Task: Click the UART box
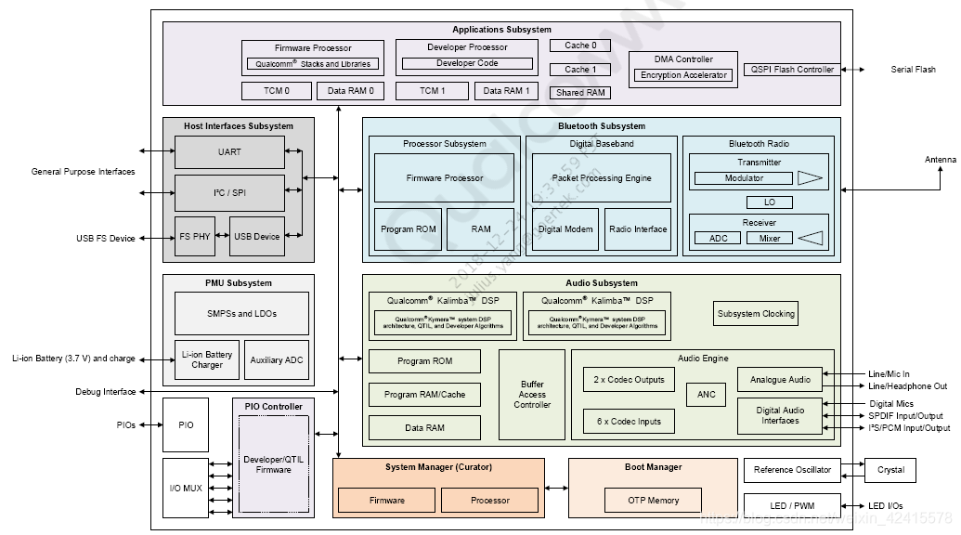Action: click(229, 151)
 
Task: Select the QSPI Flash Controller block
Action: click(789, 69)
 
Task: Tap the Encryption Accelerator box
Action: click(684, 75)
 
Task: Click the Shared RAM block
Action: click(580, 92)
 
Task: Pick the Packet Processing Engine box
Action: click(601, 177)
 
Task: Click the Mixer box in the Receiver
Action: click(770, 238)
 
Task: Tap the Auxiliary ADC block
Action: click(276, 359)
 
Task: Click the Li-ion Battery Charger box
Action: click(206, 359)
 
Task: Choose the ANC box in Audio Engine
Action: click(706, 395)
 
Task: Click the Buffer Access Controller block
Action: click(532, 394)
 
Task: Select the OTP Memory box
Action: click(655, 500)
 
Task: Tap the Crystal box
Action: click(890, 469)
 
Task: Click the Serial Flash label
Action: click(913, 70)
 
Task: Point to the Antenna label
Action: click(940, 160)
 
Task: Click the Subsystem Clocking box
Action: click(756, 313)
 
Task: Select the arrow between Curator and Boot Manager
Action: click(556, 488)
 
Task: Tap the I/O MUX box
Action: click(186, 488)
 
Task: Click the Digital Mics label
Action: click(890, 404)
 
